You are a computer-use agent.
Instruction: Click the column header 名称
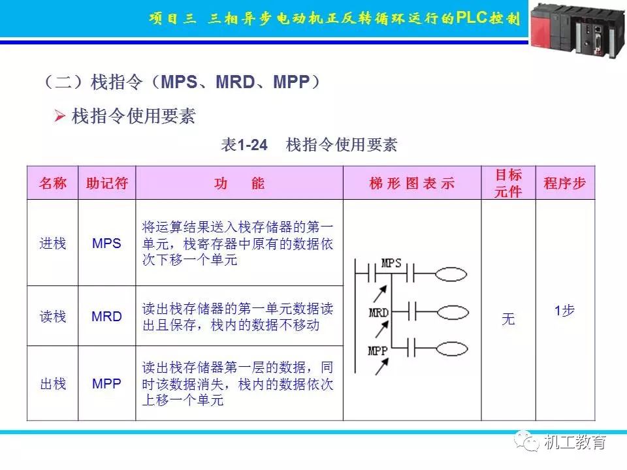click(53, 183)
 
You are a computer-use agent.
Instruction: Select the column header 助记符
click(107, 183)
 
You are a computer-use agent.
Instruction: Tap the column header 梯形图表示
click(412, 183)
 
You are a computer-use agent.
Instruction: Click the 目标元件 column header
click(508, 183)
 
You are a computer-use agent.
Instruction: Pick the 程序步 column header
click(565, 183)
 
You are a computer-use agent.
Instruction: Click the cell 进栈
click(53, 243)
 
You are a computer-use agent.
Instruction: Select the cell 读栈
click(53, 317)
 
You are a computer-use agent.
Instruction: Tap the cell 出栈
click(53, 383)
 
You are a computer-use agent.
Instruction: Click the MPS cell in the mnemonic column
click(107, 243)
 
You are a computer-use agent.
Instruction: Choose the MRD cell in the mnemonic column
click(107, 317)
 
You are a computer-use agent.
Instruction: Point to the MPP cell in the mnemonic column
click(107, 383)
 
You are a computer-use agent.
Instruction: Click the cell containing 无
click(508, 319)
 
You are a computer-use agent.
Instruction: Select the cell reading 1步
click(565, 311)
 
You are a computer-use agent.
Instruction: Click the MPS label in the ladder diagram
click(391, 264)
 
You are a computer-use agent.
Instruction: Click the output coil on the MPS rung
click(451, 274)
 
